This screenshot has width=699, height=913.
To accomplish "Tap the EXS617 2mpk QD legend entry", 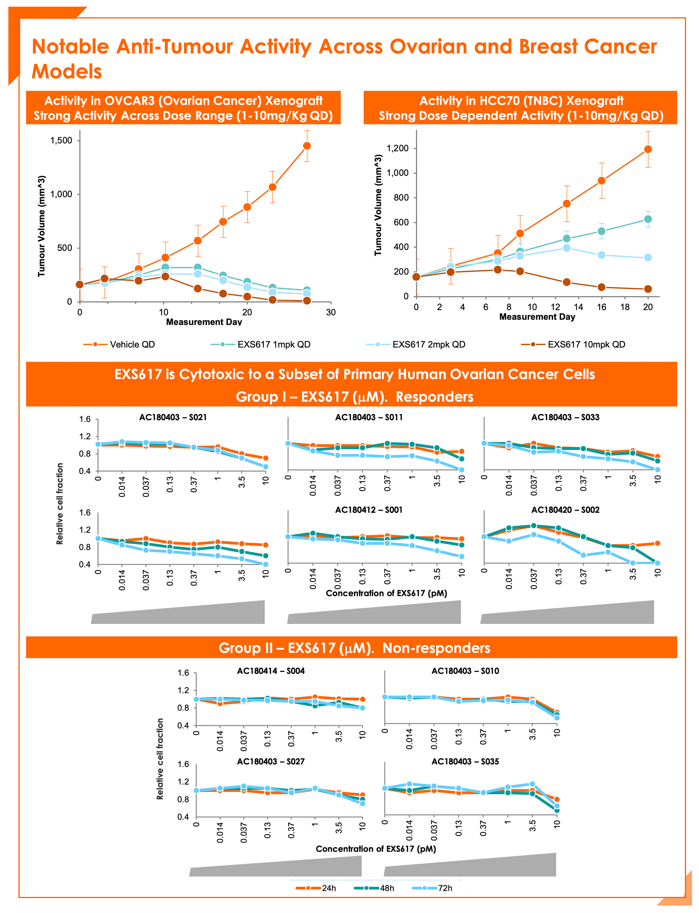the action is (x=416, y=344).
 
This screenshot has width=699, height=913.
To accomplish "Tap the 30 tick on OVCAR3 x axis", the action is (x=331, y=312).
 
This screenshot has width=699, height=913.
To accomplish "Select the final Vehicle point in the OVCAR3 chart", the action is (x=307, y=146).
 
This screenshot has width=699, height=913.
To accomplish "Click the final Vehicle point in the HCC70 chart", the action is (x=648, y=149).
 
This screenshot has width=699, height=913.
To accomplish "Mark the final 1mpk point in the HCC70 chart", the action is (x=648, y=219).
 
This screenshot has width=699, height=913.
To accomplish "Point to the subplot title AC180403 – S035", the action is (x=465, y=761).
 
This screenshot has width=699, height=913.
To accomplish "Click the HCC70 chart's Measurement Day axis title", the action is (x=537, y=317).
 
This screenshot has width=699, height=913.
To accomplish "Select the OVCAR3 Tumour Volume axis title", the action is (x=41, y=226).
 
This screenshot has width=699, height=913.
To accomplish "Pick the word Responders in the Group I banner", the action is (x=434, y=397).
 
